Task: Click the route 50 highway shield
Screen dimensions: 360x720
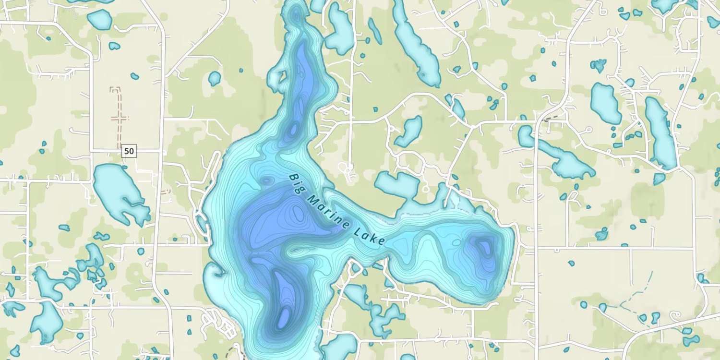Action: pyautogui.click(x=129, y=151)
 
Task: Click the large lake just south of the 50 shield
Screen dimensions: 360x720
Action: pyautogui.click(x=118, y=192)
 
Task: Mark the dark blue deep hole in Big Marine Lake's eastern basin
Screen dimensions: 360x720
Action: pyautogui.click(x=483, y=247)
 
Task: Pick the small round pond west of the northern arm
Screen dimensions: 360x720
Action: pyautogui.click(x=214, y=78)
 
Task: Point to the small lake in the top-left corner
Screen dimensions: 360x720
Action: pyautogui.click(x=100, y=20)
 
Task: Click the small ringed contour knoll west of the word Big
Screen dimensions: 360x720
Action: pyautogui.click(x=266, y=181)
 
